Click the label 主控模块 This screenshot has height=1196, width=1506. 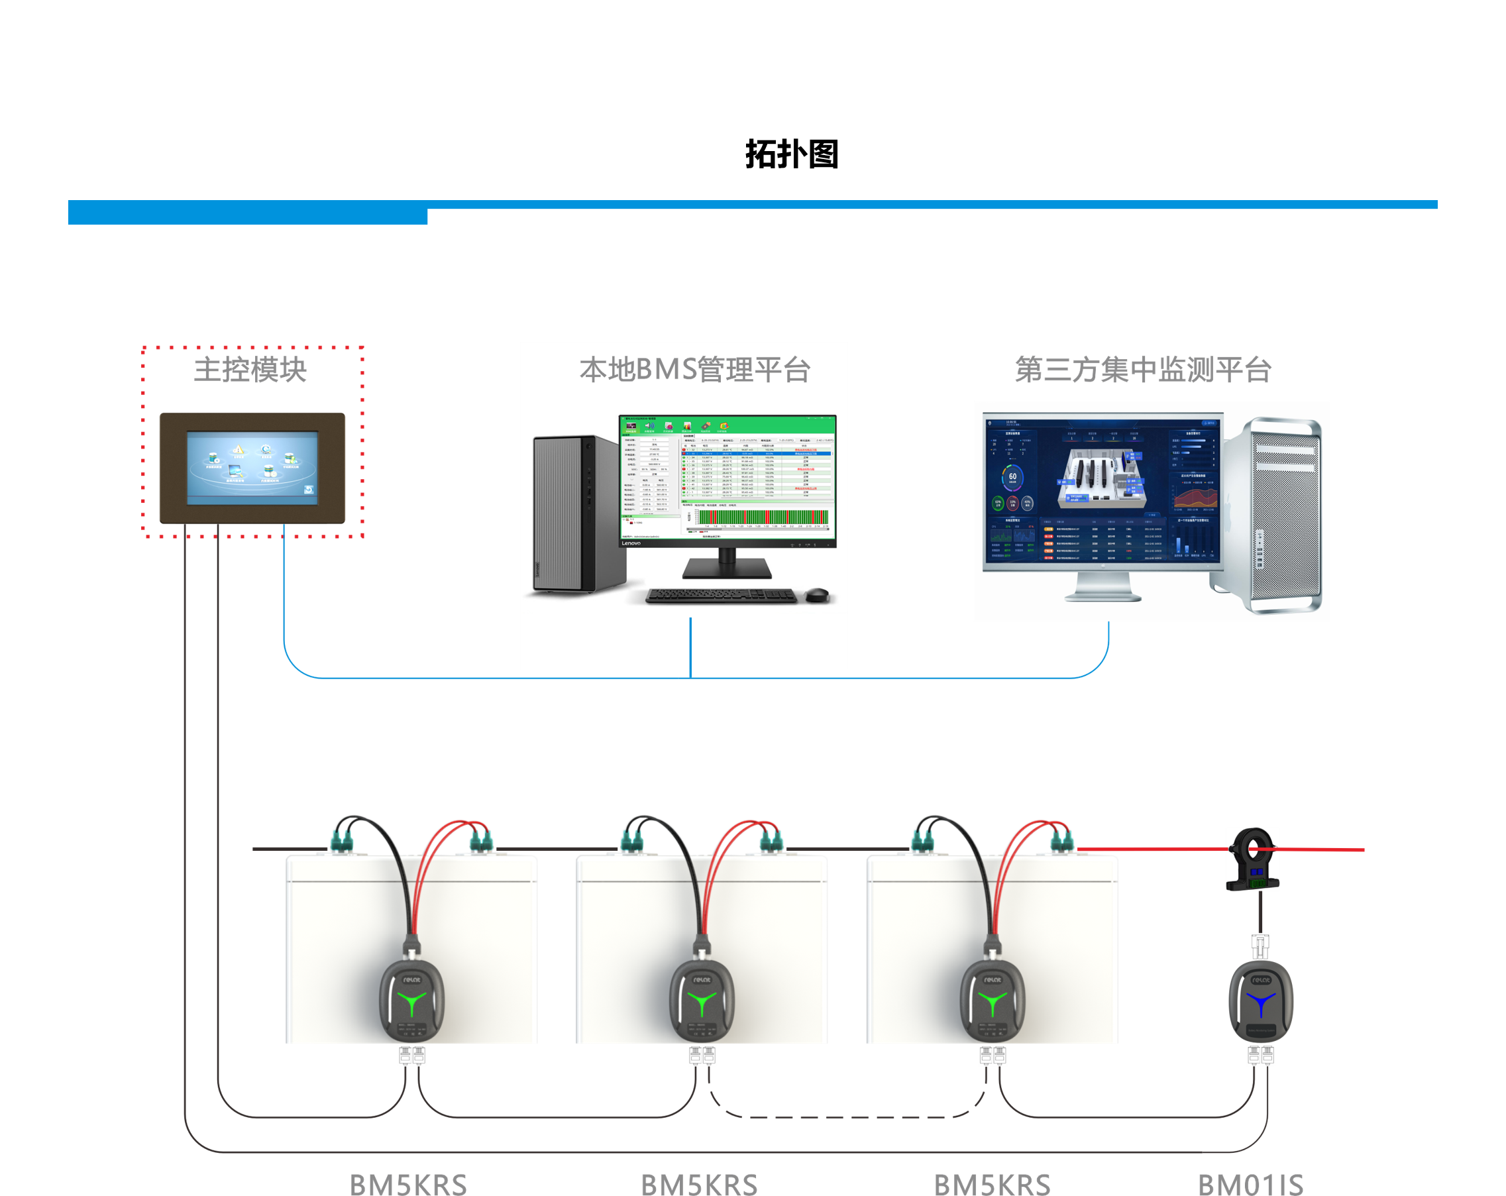click(250, 370)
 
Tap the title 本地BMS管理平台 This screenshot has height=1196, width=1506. click(694, 370)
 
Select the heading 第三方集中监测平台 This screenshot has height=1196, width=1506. click(1143, 370)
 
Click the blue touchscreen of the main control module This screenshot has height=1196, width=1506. click(252, 466)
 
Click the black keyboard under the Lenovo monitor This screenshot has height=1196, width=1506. click(721, 596)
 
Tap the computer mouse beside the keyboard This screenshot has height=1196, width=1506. click(817, 595)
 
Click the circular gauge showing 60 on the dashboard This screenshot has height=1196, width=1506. click(1013, 478)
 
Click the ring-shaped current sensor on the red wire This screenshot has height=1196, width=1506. click(1252, 858)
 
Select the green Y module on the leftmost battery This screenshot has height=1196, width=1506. click(412, 1001)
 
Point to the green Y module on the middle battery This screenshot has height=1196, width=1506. click(702, 1001)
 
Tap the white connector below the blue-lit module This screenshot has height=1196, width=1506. click(1261, 1055)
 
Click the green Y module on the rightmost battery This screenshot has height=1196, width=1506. click(993, 1001)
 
